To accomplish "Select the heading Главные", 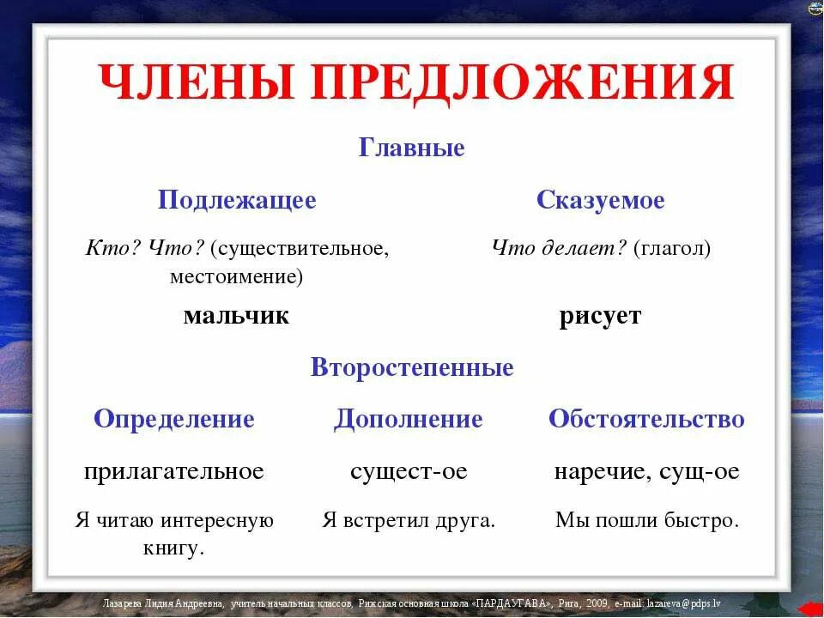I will point(411,148).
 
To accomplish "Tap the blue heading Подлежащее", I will point(237,201).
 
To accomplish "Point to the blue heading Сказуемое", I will point(600,201).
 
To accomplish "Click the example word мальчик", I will point(236,316).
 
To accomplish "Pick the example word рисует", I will point(600,316).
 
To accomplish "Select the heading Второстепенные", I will point(412,367).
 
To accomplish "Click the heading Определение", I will point(174,419).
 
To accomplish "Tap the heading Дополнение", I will point(409,419).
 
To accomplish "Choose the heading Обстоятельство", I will point(646,419).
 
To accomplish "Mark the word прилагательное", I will point(174,471).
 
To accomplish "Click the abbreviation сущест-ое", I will point(409,471).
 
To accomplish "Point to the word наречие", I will point(598,471).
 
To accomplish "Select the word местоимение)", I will point(237,276).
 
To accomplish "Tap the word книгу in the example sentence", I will point(173,548).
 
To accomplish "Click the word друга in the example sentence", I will point(464,520).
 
